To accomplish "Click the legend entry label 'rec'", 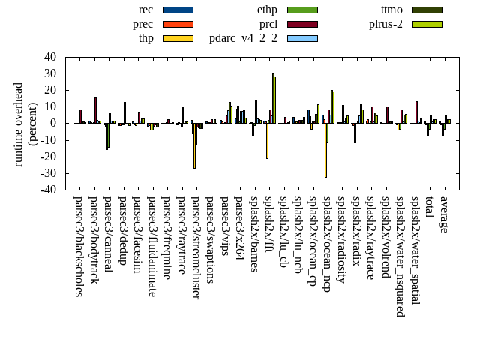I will tap(146, 10).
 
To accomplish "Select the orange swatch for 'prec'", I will tap(178, 24).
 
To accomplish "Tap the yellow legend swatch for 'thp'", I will tap(178, 38).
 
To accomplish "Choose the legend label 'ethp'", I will tap(266, 10).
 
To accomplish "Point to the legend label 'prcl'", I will tap(268, 24).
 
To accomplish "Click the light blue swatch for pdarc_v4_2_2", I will tap(302, 38).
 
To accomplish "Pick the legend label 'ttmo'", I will tap(391, 10).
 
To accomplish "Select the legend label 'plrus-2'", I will tap(385, 24).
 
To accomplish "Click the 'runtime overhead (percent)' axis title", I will tap(25, 124).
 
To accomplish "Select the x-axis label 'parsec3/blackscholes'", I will tap(79, 246).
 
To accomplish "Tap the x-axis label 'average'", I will tap(445, 214).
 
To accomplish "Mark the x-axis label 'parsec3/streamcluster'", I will tap(196, 247).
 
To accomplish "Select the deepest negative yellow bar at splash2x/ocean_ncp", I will tap(325, 150).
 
